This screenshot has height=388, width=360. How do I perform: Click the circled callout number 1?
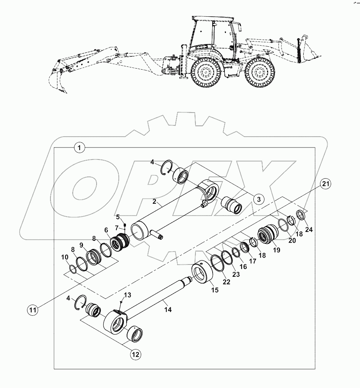(79, 147)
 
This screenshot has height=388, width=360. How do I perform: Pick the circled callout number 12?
(135, 354)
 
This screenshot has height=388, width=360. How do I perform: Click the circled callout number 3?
(259, 199)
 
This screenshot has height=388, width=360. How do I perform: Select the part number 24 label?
(309, 230)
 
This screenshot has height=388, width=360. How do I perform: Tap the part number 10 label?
(64, 257)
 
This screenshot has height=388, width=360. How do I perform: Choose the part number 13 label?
(127, 295)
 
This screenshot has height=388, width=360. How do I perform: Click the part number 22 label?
(226, 282)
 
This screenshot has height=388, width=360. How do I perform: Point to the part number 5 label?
(118, 216)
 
